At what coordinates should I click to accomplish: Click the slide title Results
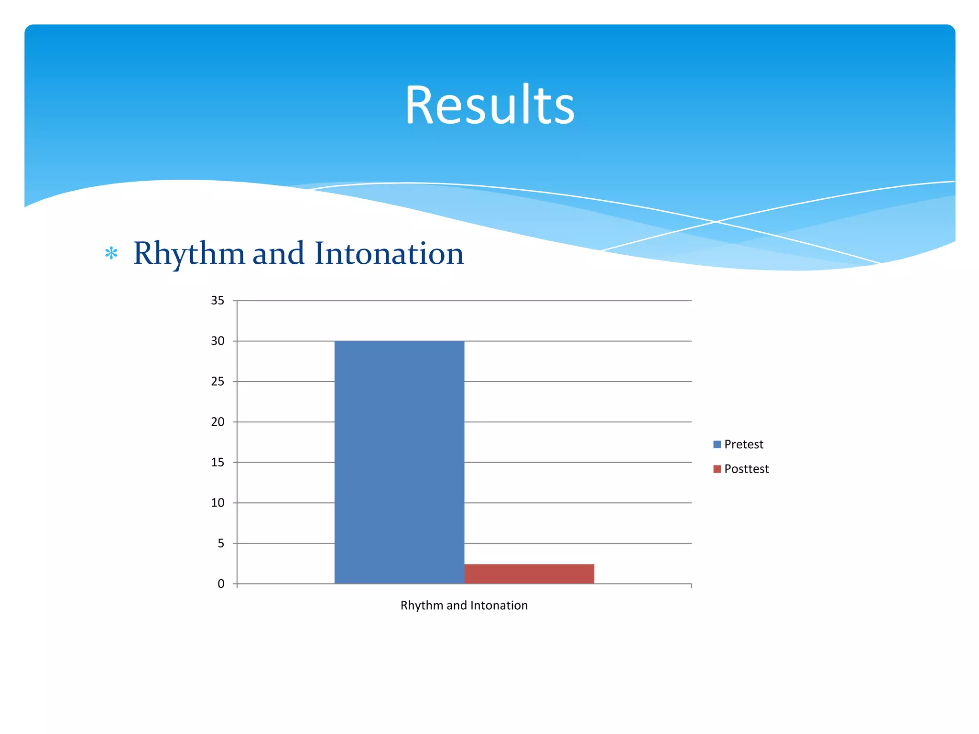[489, 105]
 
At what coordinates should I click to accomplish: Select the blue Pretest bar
[399, 462]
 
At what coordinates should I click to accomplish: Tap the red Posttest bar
[529, 574]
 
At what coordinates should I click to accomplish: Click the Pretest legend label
[743, 444]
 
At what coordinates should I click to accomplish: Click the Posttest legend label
[746, 469]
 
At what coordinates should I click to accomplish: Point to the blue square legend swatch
[717, 444]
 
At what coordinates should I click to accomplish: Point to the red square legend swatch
[717, 469]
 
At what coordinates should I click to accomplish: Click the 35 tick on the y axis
[218, 301]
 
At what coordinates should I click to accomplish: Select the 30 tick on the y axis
[218, 341]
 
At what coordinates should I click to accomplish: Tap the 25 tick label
[218, 381]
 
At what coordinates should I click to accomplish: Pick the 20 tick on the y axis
[218, 422]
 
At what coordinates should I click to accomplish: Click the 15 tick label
[218, 462]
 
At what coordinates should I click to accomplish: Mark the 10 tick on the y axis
[218, 503]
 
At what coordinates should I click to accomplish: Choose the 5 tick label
[220, 543]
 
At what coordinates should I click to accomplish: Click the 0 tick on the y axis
[220, 584]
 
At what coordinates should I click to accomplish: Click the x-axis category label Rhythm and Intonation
[464, 605]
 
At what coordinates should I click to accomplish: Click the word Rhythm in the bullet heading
[189, 254]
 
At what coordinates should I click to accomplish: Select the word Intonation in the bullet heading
[389, 254]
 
